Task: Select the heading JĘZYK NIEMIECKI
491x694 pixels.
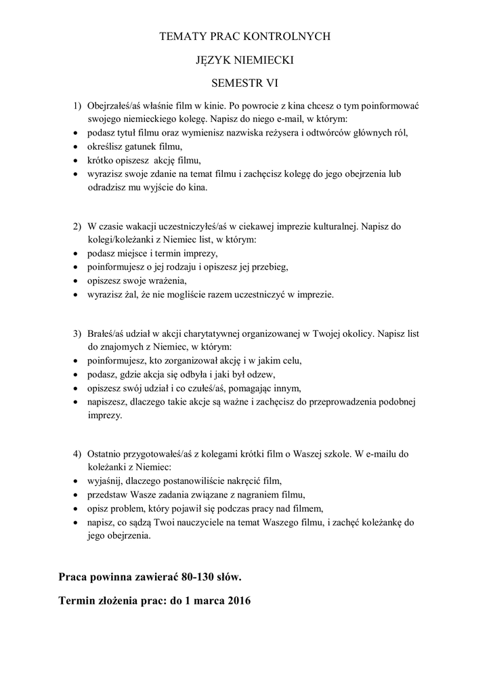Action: tap(244, 60)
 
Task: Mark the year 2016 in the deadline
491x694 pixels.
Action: tap(238, 600)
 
